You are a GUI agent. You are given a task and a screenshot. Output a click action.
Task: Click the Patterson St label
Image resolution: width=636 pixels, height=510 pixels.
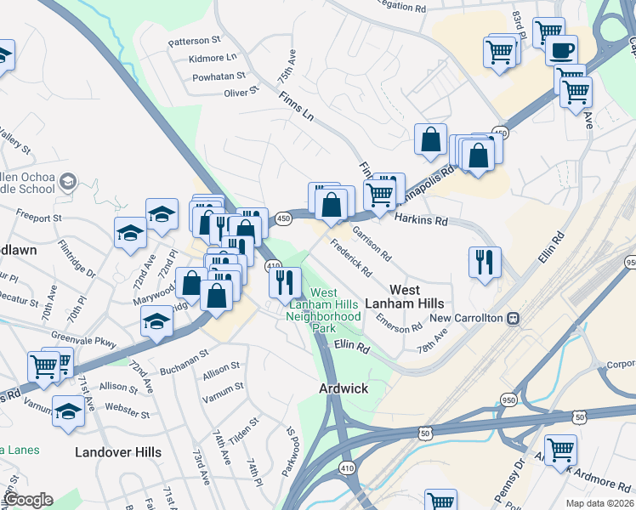[194, 40]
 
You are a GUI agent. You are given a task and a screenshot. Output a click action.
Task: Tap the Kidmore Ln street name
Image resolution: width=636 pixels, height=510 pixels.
[213, 58]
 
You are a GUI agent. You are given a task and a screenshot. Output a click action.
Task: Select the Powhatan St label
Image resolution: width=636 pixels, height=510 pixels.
[219, 76]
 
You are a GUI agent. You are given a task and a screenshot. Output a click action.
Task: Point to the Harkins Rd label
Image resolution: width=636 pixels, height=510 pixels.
[421, 220]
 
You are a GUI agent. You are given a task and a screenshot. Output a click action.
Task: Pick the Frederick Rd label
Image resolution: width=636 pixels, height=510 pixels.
[351, 262]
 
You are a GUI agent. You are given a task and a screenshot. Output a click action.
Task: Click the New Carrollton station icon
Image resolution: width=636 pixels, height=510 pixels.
[513, 318]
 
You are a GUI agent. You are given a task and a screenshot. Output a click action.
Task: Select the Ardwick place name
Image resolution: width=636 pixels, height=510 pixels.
[343, 388]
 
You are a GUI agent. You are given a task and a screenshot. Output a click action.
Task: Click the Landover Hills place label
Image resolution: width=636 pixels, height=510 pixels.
[117, 452]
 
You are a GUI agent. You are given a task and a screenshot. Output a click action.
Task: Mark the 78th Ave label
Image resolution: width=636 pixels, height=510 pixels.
[432, 337]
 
